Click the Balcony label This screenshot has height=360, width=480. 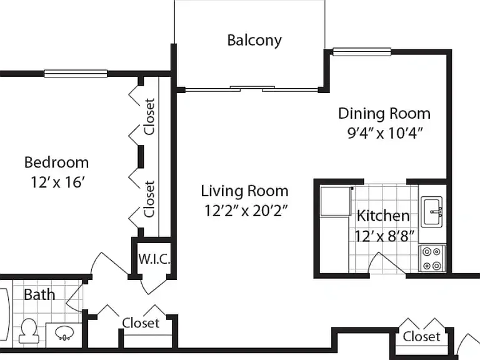[x=254, y=41]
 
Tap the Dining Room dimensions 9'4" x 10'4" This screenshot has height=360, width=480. [x=385, y=133]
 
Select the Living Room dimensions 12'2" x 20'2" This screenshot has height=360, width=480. [x=246, y=211]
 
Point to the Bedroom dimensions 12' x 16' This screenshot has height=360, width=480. [x=57, y=182]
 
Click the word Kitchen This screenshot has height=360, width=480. [x=383, y=216]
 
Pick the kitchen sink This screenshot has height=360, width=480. [x=432, y=212]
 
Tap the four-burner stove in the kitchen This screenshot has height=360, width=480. [x=432, y=258]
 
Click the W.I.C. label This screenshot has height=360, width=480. [x=154, y=259]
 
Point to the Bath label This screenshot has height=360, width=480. [x=39, y=295]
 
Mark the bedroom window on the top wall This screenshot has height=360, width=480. [x=76, y=74]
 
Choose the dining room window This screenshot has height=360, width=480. [x=362, y=52]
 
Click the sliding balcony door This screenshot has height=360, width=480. [x=252, y=89]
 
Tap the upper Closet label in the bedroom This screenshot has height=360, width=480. [x=149, y=117]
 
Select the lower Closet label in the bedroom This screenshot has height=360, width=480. [x=149, y=199]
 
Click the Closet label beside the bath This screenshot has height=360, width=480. [x=141, y=323]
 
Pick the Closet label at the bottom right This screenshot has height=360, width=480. [x=421, y=337]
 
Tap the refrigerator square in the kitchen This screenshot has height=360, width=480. [x=336, y=201]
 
